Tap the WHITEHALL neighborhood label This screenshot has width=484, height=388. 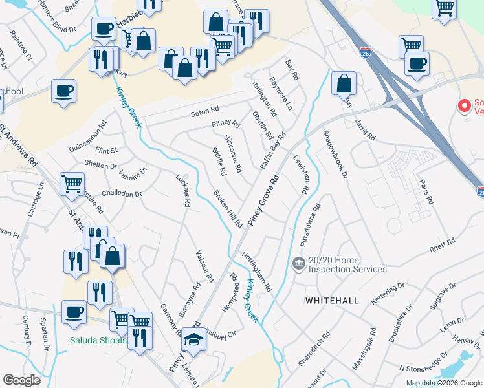pos(331,301)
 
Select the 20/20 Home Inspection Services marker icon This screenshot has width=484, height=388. pos(298,263)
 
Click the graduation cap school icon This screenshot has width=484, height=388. pos(193,339)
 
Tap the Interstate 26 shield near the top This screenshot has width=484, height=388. pos(366,50)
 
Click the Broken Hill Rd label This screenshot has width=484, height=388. pos(228,209)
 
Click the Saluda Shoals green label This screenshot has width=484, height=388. pos(99,340)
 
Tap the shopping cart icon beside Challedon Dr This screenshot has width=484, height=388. pos(72,183)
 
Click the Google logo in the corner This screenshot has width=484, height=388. pos(22,380)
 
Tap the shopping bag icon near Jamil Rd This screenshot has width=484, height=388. pos(344,83)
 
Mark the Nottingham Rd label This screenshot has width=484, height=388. pos(258,271)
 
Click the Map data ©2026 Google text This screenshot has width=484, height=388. pos(443,383)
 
